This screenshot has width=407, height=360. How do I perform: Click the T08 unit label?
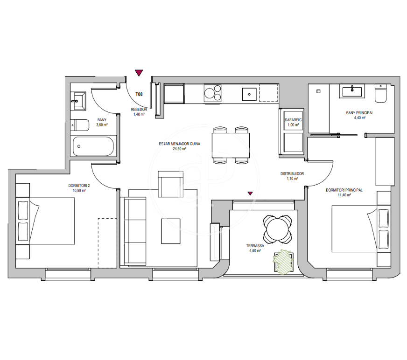click(x=139, y=94)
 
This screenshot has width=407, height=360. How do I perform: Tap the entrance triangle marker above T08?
click(x=139, y=73)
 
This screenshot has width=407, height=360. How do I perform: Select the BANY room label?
click(x=102, y=120)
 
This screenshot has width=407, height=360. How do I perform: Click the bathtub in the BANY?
click(x=93, y=146)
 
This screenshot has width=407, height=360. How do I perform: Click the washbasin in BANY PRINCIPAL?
click(x=352, y=91)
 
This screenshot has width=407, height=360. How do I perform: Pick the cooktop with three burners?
click(x=212, y=93)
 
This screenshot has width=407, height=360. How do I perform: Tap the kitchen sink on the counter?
click(x=249, y=94)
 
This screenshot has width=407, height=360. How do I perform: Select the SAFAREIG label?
click(x=293, y=120)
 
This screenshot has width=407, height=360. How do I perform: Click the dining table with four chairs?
click(x=231, y=145)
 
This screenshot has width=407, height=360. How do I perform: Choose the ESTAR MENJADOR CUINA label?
click(x=179, y=144)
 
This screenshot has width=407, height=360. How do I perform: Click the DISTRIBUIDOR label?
click(x=292, y=173)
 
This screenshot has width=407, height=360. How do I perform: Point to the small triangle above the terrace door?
click(x=250, y=193)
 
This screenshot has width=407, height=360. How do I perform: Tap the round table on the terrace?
click(x=277, y=229)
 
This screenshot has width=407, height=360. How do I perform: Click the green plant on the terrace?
click(x=283, y=262)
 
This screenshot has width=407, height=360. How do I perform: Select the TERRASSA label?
click(x=255, y=246)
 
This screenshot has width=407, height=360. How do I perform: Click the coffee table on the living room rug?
click(x=171, y=231)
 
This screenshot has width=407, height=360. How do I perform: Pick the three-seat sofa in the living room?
click(x=135, y=231)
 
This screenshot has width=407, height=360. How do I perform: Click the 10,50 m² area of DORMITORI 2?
click(x=79, y=191)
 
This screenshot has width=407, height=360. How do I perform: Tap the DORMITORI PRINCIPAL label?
click(x=344, y=190)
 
